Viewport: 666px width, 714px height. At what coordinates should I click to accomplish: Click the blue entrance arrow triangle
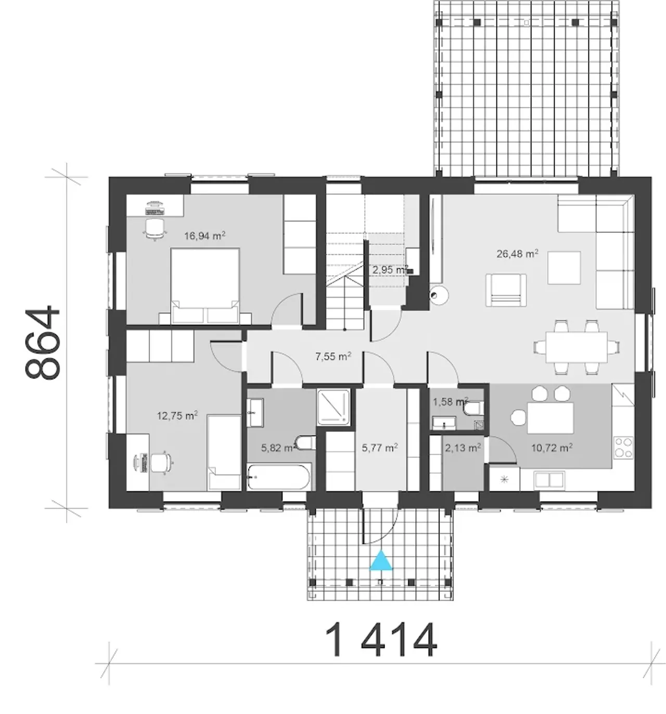click(x=381, y=560)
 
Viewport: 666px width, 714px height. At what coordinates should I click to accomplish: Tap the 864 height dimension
click(x=42, y=342)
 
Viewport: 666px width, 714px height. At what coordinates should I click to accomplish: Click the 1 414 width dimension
click(x=381, y=640)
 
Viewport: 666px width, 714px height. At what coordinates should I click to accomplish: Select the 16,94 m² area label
click(x=205, y=236)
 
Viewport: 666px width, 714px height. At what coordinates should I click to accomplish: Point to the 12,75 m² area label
click(x=177, y=416)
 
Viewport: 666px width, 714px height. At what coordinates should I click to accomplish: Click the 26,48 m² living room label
click(x=517, y=254)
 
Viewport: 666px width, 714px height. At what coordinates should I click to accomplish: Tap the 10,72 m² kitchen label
click(x=552, y=447)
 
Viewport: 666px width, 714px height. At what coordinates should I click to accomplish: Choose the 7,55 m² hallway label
click(x=333, y=356)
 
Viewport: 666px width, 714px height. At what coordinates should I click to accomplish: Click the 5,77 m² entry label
click(x=380, y=447)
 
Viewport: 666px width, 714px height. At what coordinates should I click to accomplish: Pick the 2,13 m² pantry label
click(x=463, y=447)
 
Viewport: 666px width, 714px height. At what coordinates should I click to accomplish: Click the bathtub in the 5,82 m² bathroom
click(x=279, y=477)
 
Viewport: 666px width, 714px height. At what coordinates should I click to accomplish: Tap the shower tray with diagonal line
click(x=334, y=407)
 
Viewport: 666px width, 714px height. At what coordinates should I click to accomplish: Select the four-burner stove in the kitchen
click(x=623, y=447)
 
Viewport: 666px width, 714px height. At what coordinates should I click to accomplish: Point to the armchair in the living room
click(x=506, y=290)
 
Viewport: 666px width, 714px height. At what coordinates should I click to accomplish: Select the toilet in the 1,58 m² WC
click(x=474, y=409)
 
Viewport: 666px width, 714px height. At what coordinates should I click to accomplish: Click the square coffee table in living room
click(x=564, y=268)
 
